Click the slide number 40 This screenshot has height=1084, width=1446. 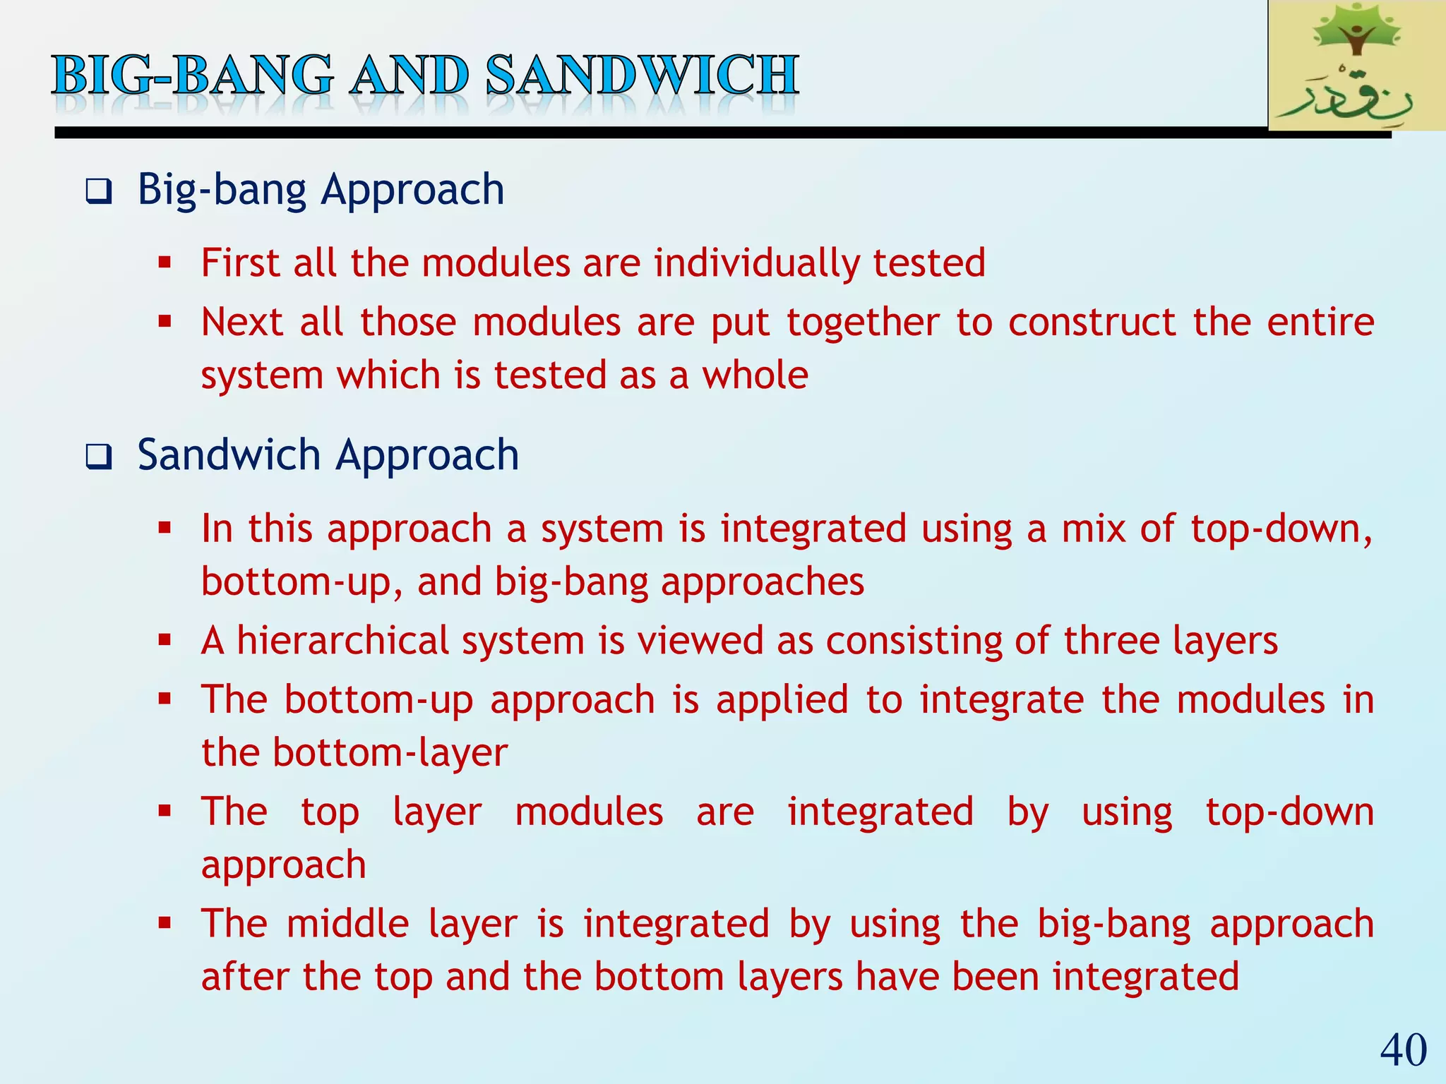tap(1403, 1049)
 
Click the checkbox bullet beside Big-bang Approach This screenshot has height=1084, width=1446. tap(98, 191)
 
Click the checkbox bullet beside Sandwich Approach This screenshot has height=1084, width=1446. tap(98, 457)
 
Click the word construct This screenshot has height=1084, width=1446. tap(1092, 323)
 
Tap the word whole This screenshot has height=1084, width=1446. tap(755, 375)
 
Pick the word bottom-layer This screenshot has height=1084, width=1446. tap(390, 752)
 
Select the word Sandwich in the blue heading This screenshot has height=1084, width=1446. tap(229, 454)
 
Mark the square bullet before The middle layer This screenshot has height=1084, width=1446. tap(165, 924)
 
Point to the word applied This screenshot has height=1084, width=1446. tap(782, 700)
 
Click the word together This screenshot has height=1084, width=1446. tap(863, 323)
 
